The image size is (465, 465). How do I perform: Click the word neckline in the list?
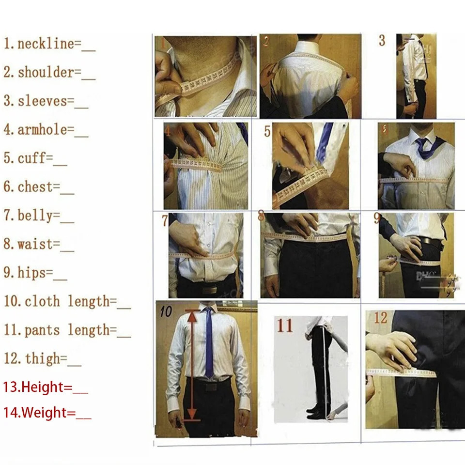click(x=46, y=44)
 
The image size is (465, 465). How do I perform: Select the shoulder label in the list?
click(x=46, y=73)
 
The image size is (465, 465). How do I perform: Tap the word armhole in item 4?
click(x=39, y=130)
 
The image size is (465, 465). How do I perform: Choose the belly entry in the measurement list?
click(x=35, y=216)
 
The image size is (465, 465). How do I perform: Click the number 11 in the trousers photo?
click(x=285, y=325)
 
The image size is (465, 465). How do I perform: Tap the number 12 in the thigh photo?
click(x=381, y=318)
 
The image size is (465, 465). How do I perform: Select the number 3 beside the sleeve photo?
click(x=382, y=41)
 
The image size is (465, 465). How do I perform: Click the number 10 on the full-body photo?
click(x=166, y=311)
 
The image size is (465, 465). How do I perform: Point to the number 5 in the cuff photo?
click(x=267, y=131)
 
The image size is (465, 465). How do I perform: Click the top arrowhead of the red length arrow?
click(x=193, y=315)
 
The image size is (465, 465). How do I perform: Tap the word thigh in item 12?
click(x=46, y=359)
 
